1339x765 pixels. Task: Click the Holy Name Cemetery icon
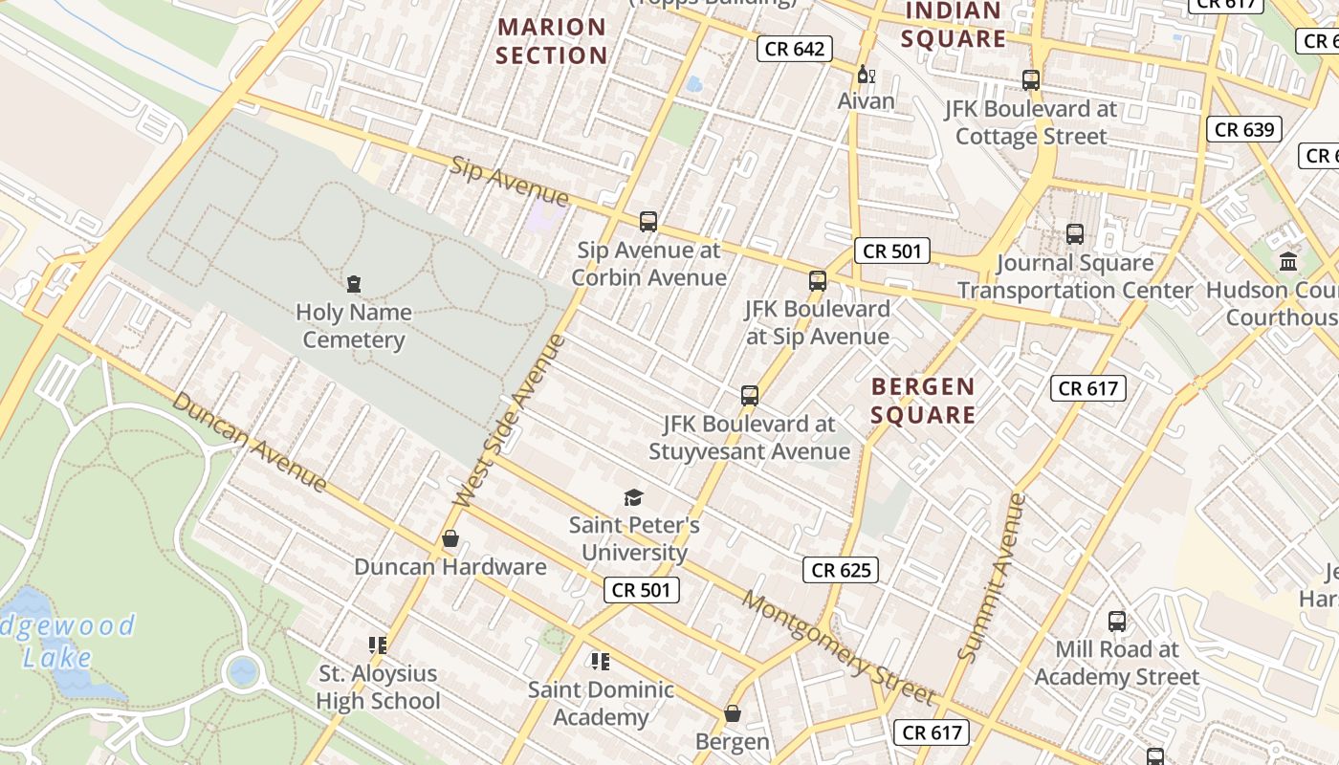(x=354, y=284)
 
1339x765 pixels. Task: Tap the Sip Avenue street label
(x=509, y=182)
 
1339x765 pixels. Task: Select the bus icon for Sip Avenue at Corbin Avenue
(x=648, y=222)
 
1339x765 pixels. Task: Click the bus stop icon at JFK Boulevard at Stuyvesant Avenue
(x=750, y=395)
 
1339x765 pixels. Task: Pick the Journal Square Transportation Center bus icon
(x=1075, y=234)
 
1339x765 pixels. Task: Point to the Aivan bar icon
(x=866, y=74)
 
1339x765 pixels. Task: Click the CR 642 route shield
(x=794, y=49)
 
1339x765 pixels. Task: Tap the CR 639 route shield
(x=1243, y=129)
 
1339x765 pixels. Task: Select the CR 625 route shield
(x=841, y=570)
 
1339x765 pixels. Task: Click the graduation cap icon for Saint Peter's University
(x=633, y=497)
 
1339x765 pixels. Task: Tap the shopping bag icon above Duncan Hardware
(x=450, y=539)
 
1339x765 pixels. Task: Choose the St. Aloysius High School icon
(x=378, y=645)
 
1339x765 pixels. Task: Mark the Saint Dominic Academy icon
(x=601, y=661)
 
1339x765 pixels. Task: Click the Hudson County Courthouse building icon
(x=1288, y=261)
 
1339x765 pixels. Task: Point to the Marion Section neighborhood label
(x=552, y=41)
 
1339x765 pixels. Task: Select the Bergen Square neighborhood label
(x=923, y=400)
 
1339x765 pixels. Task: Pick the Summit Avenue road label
(x=992, y=578)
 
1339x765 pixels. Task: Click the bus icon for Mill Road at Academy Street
(x=1116, y=622)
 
